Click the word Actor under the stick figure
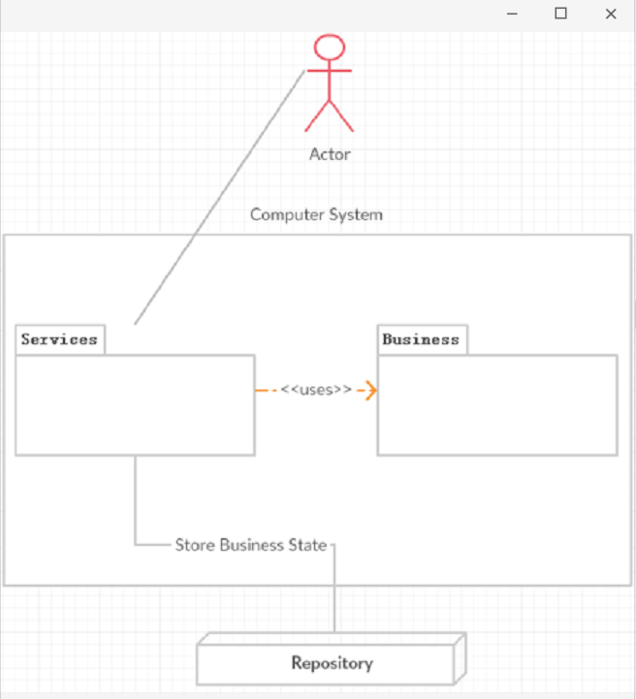point(330,154)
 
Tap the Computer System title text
point(316,214)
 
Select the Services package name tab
point(60,339)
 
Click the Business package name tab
point(421,339)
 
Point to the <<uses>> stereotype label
point(316,390)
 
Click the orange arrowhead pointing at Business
point(369,391)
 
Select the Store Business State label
point(251,545)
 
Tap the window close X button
point(611,15)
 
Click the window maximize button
point(560,15)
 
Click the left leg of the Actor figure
point(316,117)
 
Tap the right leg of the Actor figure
point(343,117)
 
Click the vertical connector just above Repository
point(334,601)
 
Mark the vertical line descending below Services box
point(135,499)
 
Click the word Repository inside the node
point(332,664)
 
